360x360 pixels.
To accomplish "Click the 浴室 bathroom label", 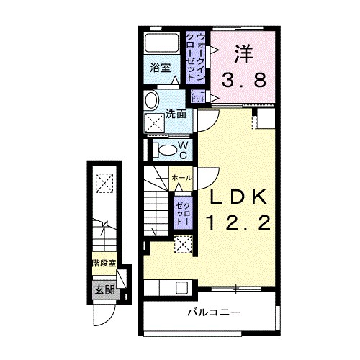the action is (161, 68).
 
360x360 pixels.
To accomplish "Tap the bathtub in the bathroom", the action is (161, 43).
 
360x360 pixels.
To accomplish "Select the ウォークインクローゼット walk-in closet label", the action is (196, 57).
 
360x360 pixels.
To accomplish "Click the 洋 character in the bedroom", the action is (244, 54).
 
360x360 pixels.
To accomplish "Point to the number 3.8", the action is (244, 80).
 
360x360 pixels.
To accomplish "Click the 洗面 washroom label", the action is (176, 114).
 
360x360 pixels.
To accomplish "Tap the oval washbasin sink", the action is (151, 101).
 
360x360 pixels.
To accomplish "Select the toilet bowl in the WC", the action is (166, 150).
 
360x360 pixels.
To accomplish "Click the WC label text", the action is (183, 150).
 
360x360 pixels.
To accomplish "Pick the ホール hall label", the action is (181, 178).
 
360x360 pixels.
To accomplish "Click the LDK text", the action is (238, 197).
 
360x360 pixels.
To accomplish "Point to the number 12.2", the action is (239, 222).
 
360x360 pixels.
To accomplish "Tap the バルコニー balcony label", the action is (214, 312).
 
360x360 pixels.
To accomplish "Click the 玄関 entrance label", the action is (104, 290).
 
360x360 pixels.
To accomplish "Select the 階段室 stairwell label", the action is (104, 264).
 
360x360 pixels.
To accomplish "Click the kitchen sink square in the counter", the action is (181, 287).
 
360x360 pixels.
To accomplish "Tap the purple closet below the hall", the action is (183, 213).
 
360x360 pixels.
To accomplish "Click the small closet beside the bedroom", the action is (198, 96).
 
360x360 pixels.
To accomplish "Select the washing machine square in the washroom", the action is (154, 123).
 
